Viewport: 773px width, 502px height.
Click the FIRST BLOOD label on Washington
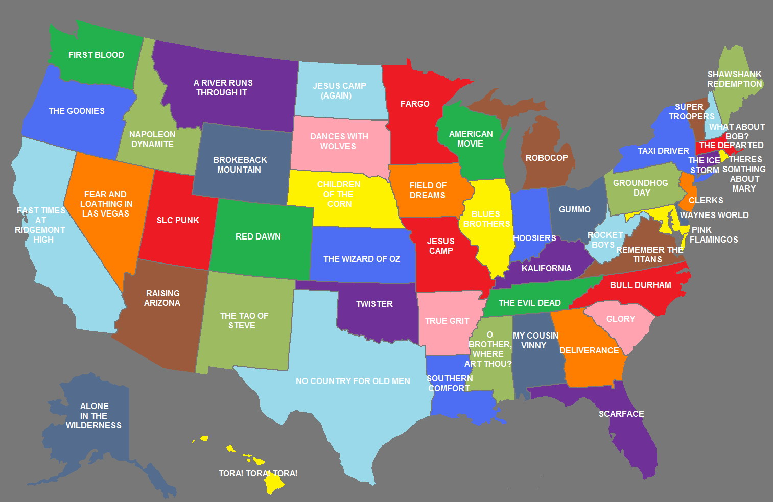96,55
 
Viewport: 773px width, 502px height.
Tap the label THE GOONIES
77,111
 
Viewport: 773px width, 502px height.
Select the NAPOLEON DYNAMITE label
152,139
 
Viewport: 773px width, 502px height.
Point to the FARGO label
415,104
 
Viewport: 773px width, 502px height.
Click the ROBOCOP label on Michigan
547,158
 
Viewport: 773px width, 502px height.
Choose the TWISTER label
374,304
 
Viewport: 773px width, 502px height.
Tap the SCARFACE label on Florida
621,414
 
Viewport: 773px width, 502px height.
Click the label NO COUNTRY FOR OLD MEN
353,381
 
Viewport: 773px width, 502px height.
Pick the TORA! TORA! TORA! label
258,473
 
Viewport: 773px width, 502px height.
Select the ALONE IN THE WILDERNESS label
94,416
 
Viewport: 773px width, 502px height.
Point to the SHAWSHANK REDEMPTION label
734,79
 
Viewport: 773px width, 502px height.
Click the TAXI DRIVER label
663,151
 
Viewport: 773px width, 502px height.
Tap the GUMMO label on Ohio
575,209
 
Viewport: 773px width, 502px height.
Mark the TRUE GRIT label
447,321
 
